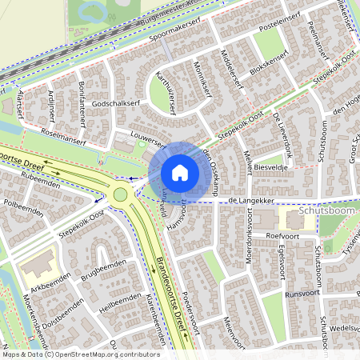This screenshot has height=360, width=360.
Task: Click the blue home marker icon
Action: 180,173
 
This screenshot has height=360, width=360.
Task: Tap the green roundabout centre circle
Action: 120,194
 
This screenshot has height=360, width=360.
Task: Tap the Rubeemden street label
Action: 41,178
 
